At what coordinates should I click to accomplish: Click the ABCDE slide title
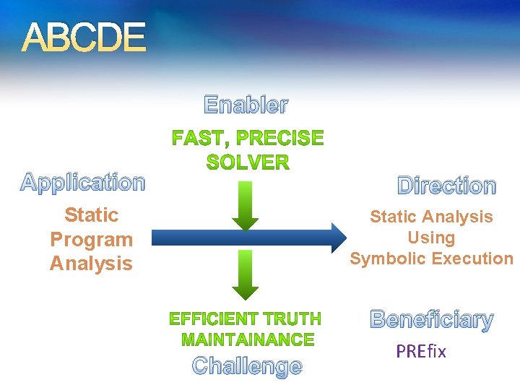pyautogui.click(x=84, y=38)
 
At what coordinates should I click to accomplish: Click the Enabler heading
pyautogui.click(x=246, y=105)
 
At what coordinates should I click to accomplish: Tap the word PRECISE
pyautogui.click(x=279, y=138)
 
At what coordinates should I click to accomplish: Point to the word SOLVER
pyautogui.click(x=247, y=162)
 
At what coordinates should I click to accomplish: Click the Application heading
pyautogui.click(x=83, y=183)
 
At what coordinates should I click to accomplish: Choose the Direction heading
pyautogui.click(x=447, y=186)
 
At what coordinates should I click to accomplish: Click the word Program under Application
pyautogui.click(x=91, y=239)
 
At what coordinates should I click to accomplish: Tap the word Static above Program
pyautogui.click(x=91, y=215)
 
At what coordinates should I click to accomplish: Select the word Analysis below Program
pyautogui.click(x=91, y=264)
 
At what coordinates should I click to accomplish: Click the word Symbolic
pyautogui.click(x=388, y=259)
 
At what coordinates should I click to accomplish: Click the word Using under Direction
pyautogui.click(x=431, y=238)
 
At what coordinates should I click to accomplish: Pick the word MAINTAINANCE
pyautogui.click(x=248, y=339)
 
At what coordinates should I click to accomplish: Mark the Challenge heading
pyautogui.click(x=247, y=365)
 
